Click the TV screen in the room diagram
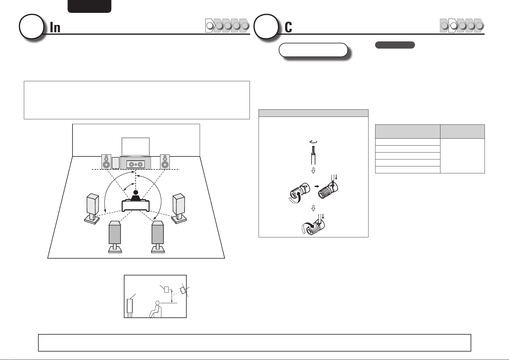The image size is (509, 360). (136, 146)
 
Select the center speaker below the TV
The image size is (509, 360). (136, 164)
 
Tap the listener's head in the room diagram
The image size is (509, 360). (136, 193)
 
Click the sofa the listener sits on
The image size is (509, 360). (136, 205)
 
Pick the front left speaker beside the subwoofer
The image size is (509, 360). (106, 162)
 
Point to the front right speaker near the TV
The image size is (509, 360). (165, 162)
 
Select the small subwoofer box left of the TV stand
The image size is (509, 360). (116, 163)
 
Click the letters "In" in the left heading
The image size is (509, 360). (55, 27)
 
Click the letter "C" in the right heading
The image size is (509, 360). (288, 27)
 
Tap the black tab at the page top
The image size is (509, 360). (89, 6)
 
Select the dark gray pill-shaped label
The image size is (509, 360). (395, 45)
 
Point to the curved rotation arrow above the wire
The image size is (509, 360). (313, 142)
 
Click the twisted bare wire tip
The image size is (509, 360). (313, 149)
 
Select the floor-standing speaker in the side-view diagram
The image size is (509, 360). (130, 308)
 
